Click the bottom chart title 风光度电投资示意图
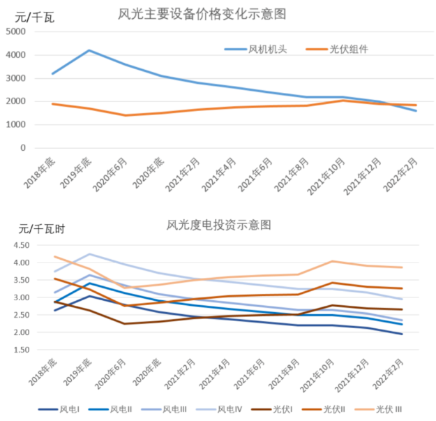218,225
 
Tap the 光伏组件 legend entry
347,49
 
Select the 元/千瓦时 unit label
41,229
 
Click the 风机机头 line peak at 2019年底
89,50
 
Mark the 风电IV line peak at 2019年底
89,254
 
